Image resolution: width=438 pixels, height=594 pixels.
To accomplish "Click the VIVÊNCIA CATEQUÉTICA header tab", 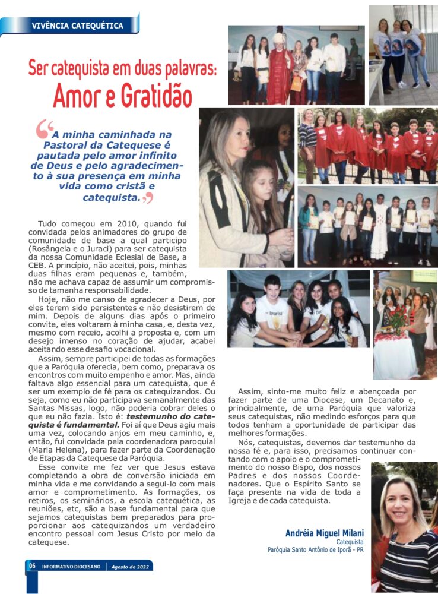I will coord(77,26).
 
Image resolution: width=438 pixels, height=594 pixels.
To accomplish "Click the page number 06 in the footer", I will coord(32,566).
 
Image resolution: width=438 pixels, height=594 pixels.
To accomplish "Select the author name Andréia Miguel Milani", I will coord(325,533).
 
